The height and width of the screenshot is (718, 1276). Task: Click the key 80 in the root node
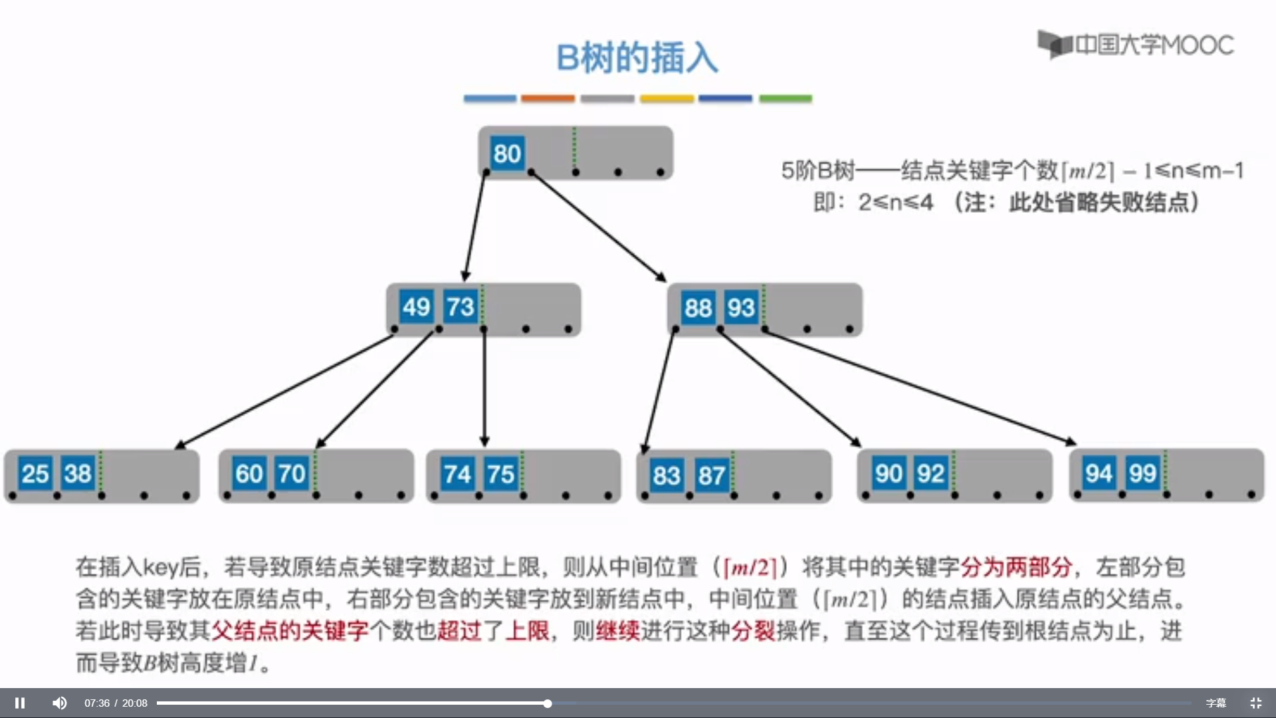pyautogui.click(x=507, y=154)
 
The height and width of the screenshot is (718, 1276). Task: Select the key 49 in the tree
pyautogui.click(x=417, y=307)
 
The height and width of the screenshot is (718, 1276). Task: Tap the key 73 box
pyautogui.click(x=461, y=307)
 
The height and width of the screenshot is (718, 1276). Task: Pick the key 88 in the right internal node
pyautogui.click(x=698, y=308)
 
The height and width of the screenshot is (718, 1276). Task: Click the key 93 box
pyautogui.click(x=741, y=308)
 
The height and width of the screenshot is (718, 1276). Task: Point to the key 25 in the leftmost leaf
pyautogui.click(x=35, y=474)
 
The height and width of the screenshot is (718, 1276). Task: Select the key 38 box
pyautogui.click(x=78, y=474)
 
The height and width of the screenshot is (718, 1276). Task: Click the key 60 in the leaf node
pyautogui.click(x=249, y=474)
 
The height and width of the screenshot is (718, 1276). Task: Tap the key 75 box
pyautogui.click(x=500, y=475)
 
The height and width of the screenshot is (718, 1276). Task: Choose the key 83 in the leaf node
pyautogui.click(x=667, y=475)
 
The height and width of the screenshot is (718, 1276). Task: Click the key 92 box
pyautogui.click(x=930, y=473)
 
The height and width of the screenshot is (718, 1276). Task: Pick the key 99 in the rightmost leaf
pyautogui.click(x=1142, y=473)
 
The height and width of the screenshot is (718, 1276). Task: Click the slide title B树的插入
pyautogui.click(x=637, y=58)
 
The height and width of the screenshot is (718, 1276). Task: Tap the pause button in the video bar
pyautogui.click(x=20, y=703)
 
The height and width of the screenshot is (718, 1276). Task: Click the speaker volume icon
pyautogui.click(x=60, y=703)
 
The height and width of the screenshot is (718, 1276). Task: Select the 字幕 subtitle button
pyautogui.click(x=1216, y=703)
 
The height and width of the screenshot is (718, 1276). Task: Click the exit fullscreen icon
pyautogui.click(x=1255, y=703)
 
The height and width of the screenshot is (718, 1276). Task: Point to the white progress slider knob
pyautogui.click(x=547, y=703)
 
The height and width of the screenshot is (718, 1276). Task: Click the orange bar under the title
pyautogui.click(x=548, y=98)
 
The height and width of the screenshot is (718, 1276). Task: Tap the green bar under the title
pyautogui.click(x=786, y=98)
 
